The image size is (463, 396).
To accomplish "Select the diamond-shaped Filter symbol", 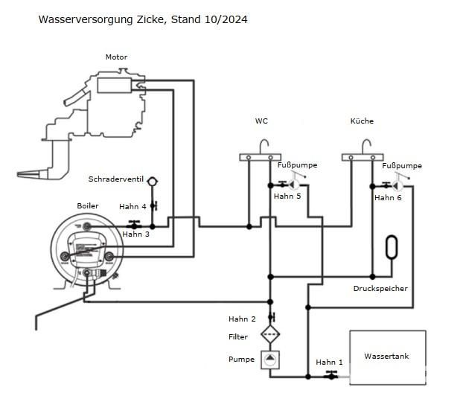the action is tap(270, 334).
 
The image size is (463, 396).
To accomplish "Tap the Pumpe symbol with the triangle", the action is tap(270, 360).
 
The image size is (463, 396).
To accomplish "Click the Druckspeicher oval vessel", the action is tap(392, 247).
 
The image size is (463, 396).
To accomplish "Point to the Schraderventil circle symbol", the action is tap(152, 181).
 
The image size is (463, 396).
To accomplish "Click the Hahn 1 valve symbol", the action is tap(331, 375).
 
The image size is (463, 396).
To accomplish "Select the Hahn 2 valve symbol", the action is tap(272, 317).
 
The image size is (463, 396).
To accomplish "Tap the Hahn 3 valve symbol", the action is tap(134, 225).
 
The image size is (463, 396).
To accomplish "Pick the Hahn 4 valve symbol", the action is tap(154, 205).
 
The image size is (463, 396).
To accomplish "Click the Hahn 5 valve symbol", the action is tap(283, 185).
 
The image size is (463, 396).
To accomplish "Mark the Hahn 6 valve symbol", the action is tap(386, 185).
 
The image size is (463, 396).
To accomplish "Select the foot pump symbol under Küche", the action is tap(399, 182).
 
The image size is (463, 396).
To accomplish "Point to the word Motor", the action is tap(116, 57).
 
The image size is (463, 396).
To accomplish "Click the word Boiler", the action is tap(88, 206).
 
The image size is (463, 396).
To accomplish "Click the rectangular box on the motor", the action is tap(115, 86).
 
